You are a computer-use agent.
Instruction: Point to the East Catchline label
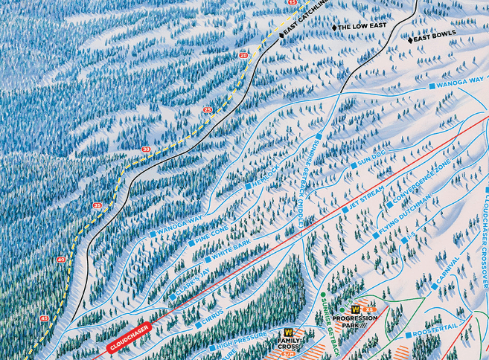[x=302, y=22]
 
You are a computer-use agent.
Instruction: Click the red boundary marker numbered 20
[x=243, y=55]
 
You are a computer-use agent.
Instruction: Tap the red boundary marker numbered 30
[x=145, y=150]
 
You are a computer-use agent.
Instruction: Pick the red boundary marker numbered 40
[x=60, y=260]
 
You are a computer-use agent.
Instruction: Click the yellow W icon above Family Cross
[x=288, y=332]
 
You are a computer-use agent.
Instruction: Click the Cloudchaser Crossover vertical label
[x=482, y=238]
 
